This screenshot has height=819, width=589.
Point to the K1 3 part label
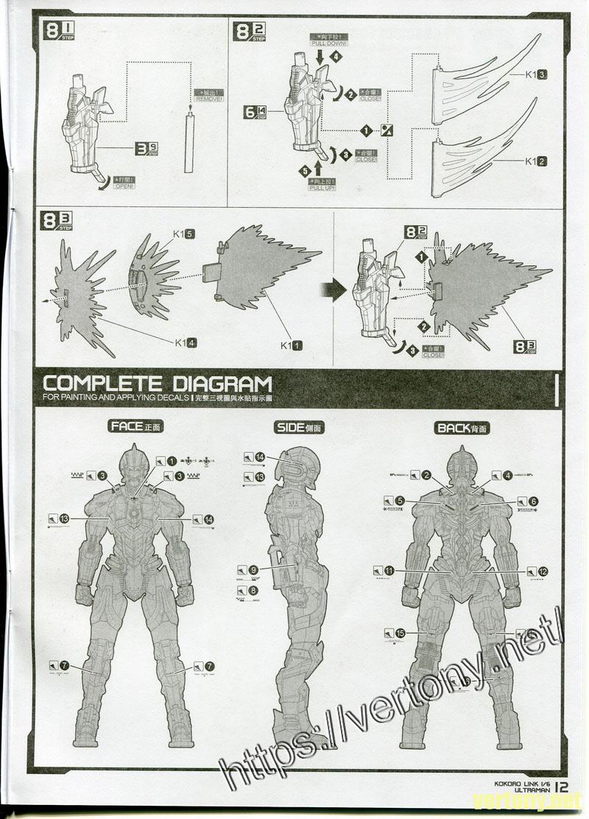pos(535,75)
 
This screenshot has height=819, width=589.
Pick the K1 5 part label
pos(184,234)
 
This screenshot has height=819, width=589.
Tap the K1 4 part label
pos(185,342)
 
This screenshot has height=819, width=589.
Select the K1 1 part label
pos(291,344)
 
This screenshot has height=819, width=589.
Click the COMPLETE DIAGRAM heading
pos(158,384)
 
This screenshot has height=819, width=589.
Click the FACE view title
pos(135,426)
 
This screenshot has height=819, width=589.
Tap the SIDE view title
pos(300,427)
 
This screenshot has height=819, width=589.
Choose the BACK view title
pos(462,427)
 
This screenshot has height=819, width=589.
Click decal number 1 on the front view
pos(171,461)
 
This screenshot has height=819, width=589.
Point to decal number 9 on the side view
pos(253,569)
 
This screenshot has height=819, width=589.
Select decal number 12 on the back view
pos(543,571)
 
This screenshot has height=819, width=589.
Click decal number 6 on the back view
pos(533,502)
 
